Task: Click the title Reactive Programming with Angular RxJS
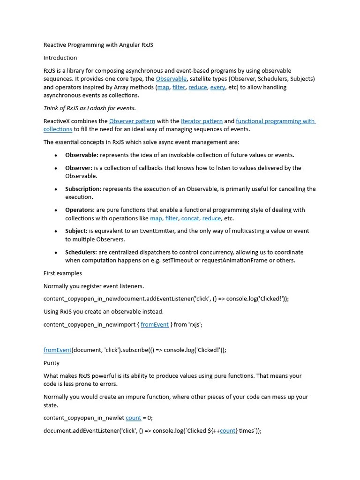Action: tap(98, 45)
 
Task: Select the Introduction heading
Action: tap(60, 58)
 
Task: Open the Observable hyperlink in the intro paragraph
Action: tap(171, 79)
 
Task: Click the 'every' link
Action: tap(217, 87)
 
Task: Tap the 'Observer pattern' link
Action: tap(132, 121)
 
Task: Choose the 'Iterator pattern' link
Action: tap(202, 121)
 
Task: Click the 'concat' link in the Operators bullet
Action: tap(190, 218)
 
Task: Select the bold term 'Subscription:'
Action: tap(83, 189)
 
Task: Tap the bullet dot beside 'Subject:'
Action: tap(56, 232)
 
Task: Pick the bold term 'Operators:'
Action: tap(80, 210)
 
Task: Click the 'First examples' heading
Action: tap(62, 273)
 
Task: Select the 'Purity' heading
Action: tap(52, 363)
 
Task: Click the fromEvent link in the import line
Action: tap(154, 324)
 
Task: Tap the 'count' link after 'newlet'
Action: tap(133, 418)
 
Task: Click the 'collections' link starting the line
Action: tap(58, 129)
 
